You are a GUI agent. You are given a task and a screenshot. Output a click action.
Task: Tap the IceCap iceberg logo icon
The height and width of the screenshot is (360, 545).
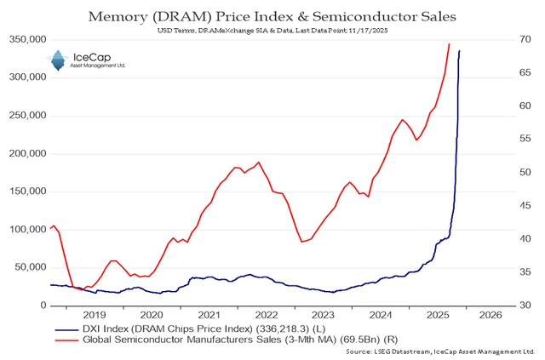(58, 60)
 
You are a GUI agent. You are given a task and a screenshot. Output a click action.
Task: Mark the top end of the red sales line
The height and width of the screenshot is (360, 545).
(449, 43)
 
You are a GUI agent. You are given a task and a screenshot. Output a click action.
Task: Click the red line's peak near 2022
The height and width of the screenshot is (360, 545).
(259, 162)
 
